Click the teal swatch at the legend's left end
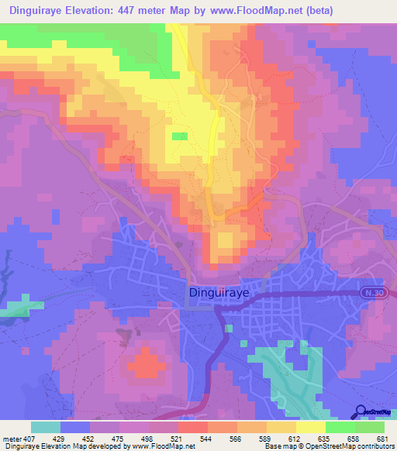46,427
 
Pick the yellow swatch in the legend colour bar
310,427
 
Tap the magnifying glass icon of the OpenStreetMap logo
362,411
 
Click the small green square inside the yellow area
180,136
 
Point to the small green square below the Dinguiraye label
227,328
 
